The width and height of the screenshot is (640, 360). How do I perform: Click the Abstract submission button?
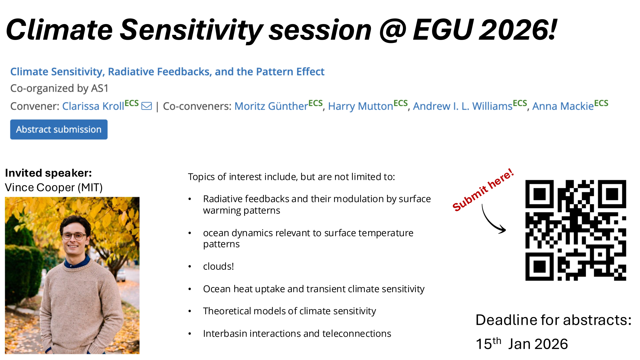59,129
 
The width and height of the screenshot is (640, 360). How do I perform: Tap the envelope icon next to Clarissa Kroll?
147,106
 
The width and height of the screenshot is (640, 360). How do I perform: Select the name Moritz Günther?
271,106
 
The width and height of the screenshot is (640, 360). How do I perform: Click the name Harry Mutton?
360,106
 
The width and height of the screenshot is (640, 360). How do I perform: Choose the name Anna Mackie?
563,106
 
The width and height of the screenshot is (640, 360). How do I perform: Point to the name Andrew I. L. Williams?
463,106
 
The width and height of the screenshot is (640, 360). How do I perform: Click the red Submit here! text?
483,190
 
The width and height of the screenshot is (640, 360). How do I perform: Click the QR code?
576,230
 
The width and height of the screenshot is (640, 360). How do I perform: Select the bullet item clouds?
218,266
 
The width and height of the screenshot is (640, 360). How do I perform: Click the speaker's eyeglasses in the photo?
74,236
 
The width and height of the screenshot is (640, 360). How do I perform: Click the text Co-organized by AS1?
60,88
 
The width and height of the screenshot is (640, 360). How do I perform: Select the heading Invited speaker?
48,173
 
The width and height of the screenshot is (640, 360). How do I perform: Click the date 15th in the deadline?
488,343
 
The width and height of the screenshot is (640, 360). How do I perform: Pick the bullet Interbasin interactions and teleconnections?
297,333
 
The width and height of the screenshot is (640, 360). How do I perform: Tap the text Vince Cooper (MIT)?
54,188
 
